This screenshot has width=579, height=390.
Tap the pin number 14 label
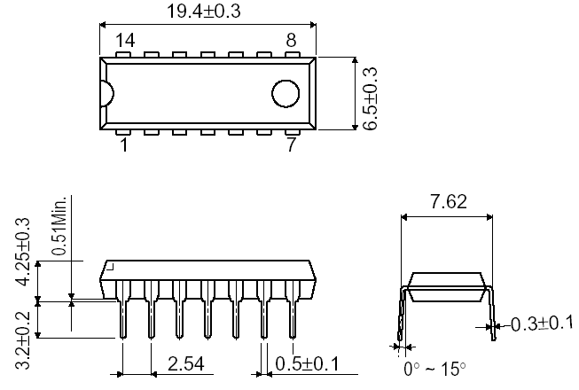click(126, 40)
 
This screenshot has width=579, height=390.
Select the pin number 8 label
click(290, 40)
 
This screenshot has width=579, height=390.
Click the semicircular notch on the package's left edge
click(106, 94)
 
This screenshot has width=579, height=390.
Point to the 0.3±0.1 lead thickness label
click(542, 325)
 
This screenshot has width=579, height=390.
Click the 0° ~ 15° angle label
click(434, 368)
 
